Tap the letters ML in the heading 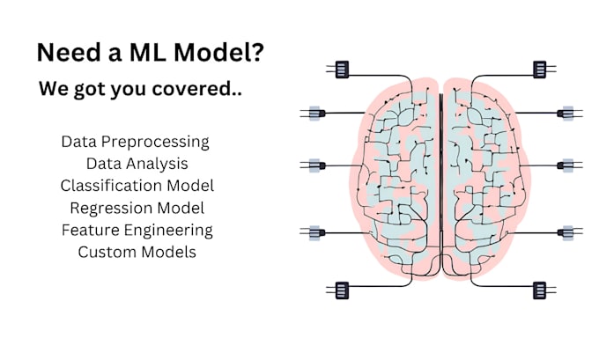point(144,53)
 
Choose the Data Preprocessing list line point(136,141)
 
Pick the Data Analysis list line point(137,163)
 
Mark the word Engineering point(169,231)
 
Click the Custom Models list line point(137,252)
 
